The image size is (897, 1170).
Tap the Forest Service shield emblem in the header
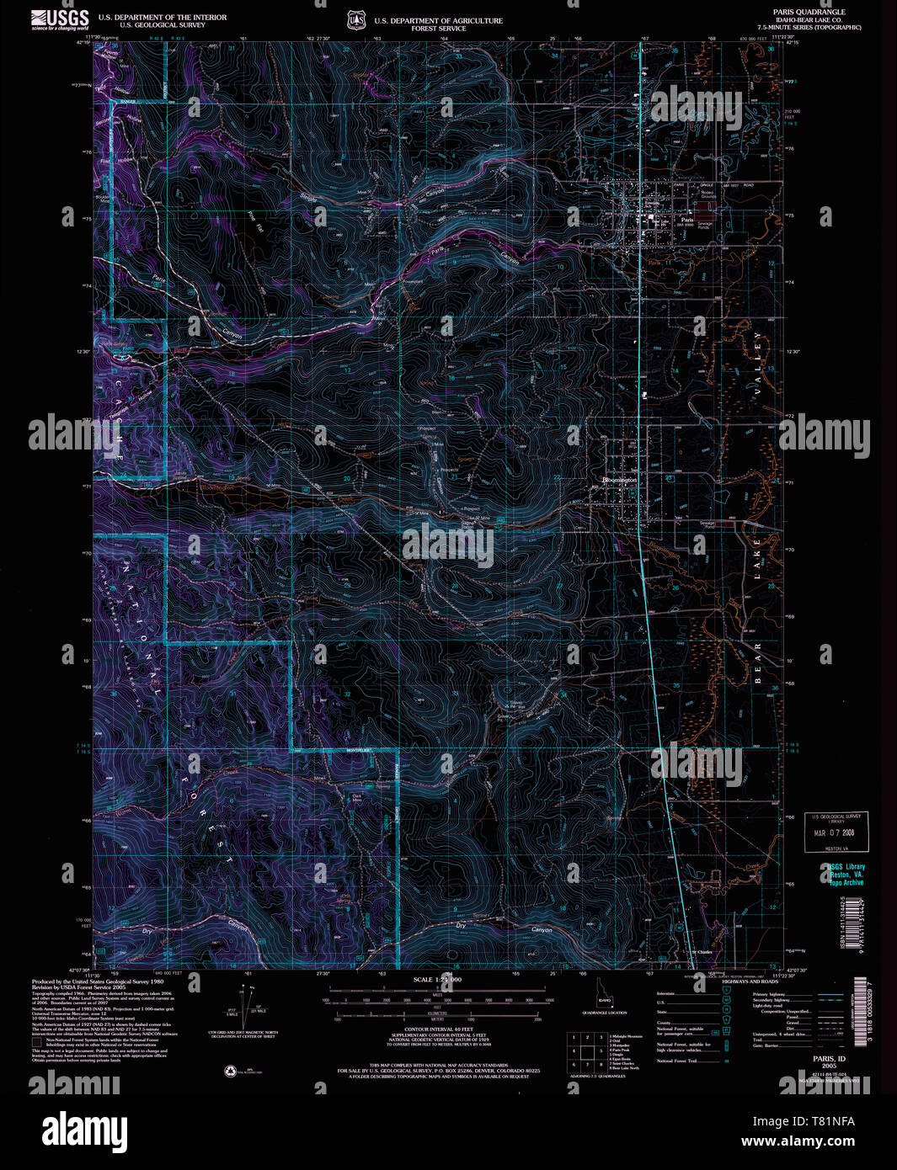point(355,19)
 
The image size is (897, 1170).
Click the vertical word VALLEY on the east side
point(757,363)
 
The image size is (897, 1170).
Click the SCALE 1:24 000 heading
point(437,980)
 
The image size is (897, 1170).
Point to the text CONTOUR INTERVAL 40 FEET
point(437,1029)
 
